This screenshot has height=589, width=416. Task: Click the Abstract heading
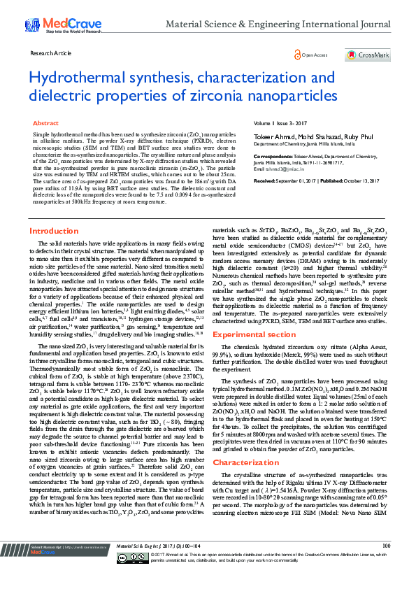click(45, 122)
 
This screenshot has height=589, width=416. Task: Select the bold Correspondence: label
click(272, 157)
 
